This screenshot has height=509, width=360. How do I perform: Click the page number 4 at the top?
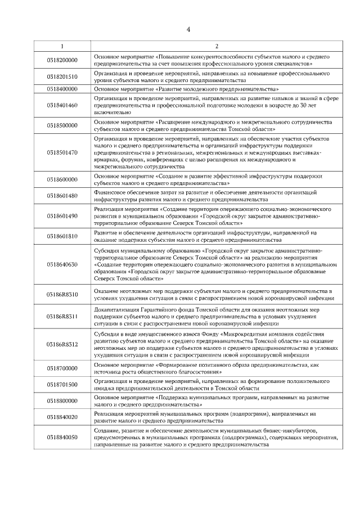(x=188, y=30)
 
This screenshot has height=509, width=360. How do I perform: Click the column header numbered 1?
(x=62, y=46)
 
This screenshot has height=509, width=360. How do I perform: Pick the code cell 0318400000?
(x=62, y=89)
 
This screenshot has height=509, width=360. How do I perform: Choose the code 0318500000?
(x=62, y=125)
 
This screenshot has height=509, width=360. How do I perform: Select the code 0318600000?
(x=62, y=180)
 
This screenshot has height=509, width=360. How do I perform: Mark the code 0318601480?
(x=62, y=196)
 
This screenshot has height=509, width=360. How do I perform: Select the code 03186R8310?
(x=62, y=294)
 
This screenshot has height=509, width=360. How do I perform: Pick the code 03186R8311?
(x=62, y=317)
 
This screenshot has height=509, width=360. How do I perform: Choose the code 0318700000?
(x=62, y=368)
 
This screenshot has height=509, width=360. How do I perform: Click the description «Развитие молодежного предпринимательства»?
(x=186, y=89)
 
